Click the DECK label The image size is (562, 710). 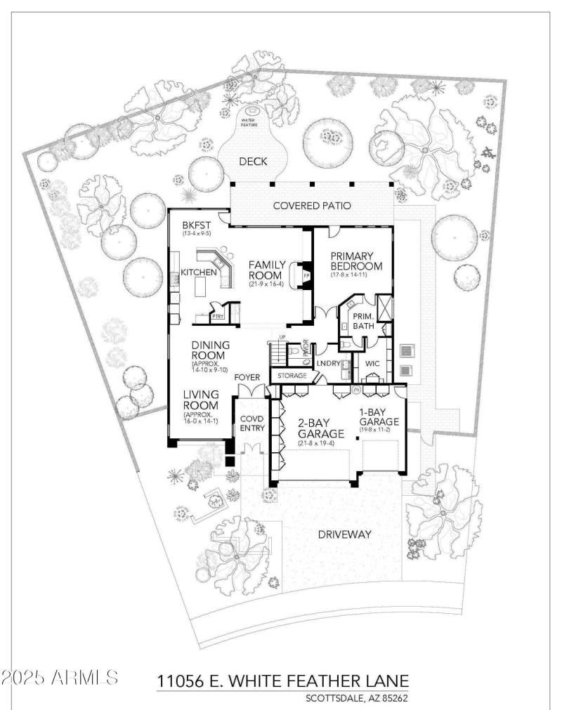[253, 162]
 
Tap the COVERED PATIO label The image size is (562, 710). [312, 206]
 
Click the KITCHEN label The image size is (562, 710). [199, 272]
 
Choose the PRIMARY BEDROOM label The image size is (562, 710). [356, 261]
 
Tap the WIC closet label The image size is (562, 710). [372, 363]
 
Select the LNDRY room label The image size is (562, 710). [329, 363]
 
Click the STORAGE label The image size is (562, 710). [292, 376]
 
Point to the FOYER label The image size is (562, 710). [248, 376]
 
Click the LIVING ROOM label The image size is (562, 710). [200, 400]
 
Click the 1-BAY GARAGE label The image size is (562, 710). [379, 417]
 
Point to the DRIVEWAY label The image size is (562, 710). [344, 534]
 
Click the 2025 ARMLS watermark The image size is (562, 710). [60, 678]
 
